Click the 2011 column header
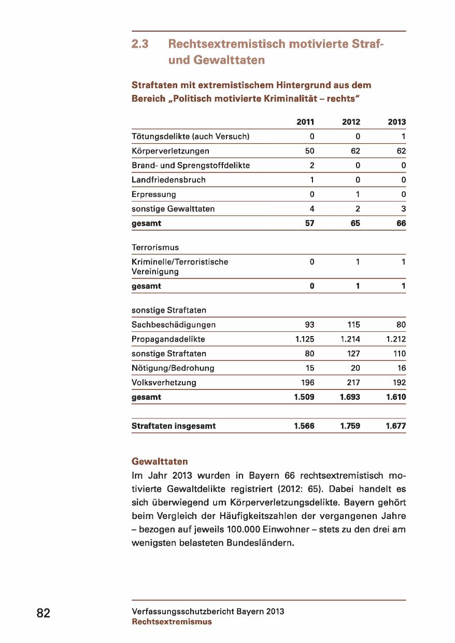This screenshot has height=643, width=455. [305, 122]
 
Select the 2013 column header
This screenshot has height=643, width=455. [396, 122]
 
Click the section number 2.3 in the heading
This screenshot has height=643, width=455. [140, 45]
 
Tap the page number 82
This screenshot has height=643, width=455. [44, 613]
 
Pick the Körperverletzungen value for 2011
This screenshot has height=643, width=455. [309, 151]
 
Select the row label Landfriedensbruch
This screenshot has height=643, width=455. [168, 180]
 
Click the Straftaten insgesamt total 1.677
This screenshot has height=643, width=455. [395, 426]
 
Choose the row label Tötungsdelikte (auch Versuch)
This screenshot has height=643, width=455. [191, 137]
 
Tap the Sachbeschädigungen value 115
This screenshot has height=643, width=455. [353, 325]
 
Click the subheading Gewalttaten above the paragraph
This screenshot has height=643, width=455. [160, 462]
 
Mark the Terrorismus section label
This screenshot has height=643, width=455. [155, 247]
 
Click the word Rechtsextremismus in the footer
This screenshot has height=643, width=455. [172, 622]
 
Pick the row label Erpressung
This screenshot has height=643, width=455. [154, 194]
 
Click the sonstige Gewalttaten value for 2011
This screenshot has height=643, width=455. [312, 209]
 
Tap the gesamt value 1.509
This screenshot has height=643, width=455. [304, 397]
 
